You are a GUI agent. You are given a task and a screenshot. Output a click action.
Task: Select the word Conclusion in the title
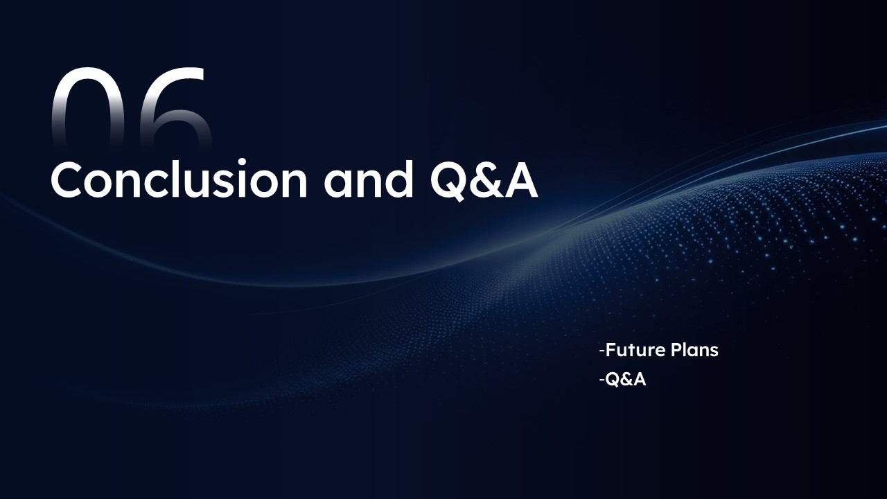pyautogui.click(x=179, y=178)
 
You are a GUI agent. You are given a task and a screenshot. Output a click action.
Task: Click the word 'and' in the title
pyautogui.click(x=369, y=178)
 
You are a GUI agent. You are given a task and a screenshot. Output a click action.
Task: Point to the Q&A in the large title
pyautogui.click(x=484, y=181)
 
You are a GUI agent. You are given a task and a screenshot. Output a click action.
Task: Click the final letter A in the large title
pyautogui.click(x=521, y=180)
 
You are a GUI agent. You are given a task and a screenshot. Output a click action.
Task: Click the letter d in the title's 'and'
pyautogui.click(x=398, y=179)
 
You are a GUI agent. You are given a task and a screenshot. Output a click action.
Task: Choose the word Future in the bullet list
pyautogui.click(x=630, y=351)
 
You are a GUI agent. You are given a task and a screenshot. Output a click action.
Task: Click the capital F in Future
pyautogui.click(x=611, y=351)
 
